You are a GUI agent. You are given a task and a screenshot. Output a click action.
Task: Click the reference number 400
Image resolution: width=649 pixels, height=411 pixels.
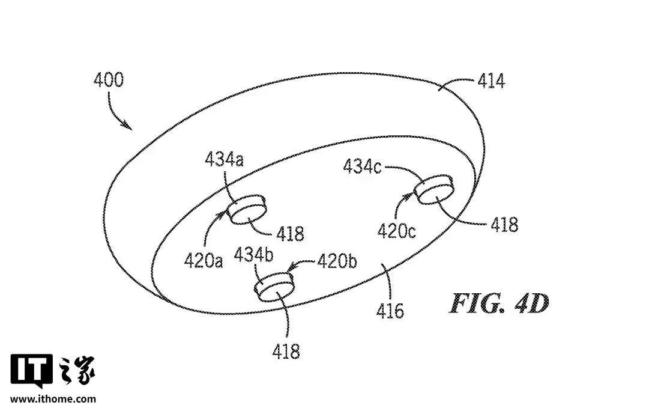click(108, 80)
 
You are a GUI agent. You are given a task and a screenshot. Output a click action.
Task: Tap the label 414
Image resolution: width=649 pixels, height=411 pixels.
click(491, 81)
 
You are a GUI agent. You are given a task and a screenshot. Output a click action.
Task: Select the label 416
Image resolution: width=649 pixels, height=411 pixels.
click(390, 310)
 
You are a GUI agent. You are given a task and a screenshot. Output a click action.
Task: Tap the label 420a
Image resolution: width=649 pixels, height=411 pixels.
click(204, 260)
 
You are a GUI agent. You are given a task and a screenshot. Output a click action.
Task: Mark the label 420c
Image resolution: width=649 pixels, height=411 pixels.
click(397, 230)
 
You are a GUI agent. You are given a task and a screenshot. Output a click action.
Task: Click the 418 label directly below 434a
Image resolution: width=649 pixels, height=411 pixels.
click(290, 233)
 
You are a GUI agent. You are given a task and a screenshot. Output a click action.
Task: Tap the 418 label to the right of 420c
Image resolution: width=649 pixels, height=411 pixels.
click(504, 224)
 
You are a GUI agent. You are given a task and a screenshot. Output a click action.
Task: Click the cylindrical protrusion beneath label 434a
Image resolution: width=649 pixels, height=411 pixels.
click(247, 209)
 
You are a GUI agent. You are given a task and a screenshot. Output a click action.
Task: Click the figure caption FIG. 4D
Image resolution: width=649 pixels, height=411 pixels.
click(499, 305)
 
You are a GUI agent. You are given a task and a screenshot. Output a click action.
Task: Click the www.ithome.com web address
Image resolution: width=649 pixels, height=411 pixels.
click(53, 398)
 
